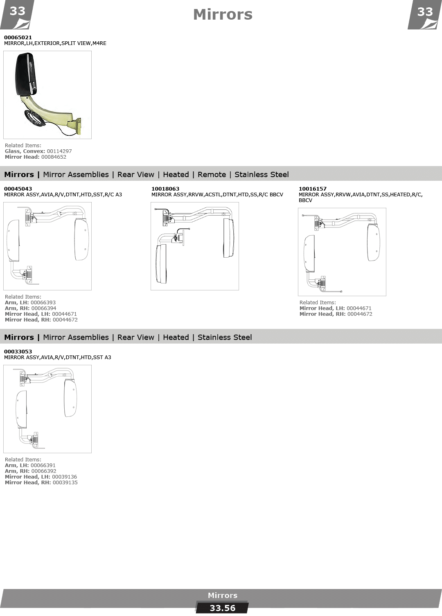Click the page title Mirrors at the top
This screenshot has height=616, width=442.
[223, 14]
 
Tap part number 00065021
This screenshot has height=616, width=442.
[18, 37]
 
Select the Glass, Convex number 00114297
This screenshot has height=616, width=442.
[59, 151]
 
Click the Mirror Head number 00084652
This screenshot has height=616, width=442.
[54, 157]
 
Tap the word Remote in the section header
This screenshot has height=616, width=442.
[212, 175]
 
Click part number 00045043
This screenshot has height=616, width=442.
[18, 189]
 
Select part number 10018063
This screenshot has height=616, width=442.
[165, 189]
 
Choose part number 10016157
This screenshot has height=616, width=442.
[313, 189]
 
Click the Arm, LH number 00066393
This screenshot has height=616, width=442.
[43, 303]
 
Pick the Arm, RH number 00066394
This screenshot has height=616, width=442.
[43, 308]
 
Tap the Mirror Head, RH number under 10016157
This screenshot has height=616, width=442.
[360, 314]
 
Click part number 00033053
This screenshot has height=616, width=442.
[18, 352]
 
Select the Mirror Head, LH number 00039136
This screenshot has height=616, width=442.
[64, 477]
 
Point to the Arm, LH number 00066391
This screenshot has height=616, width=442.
[43, 465]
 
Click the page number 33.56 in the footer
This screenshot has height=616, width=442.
[222, 608]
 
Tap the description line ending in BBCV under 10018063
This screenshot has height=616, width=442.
[217, 195]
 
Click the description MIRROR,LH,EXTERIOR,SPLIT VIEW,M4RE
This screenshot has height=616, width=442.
[55, 43]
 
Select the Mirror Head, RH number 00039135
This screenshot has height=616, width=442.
[65, 483]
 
